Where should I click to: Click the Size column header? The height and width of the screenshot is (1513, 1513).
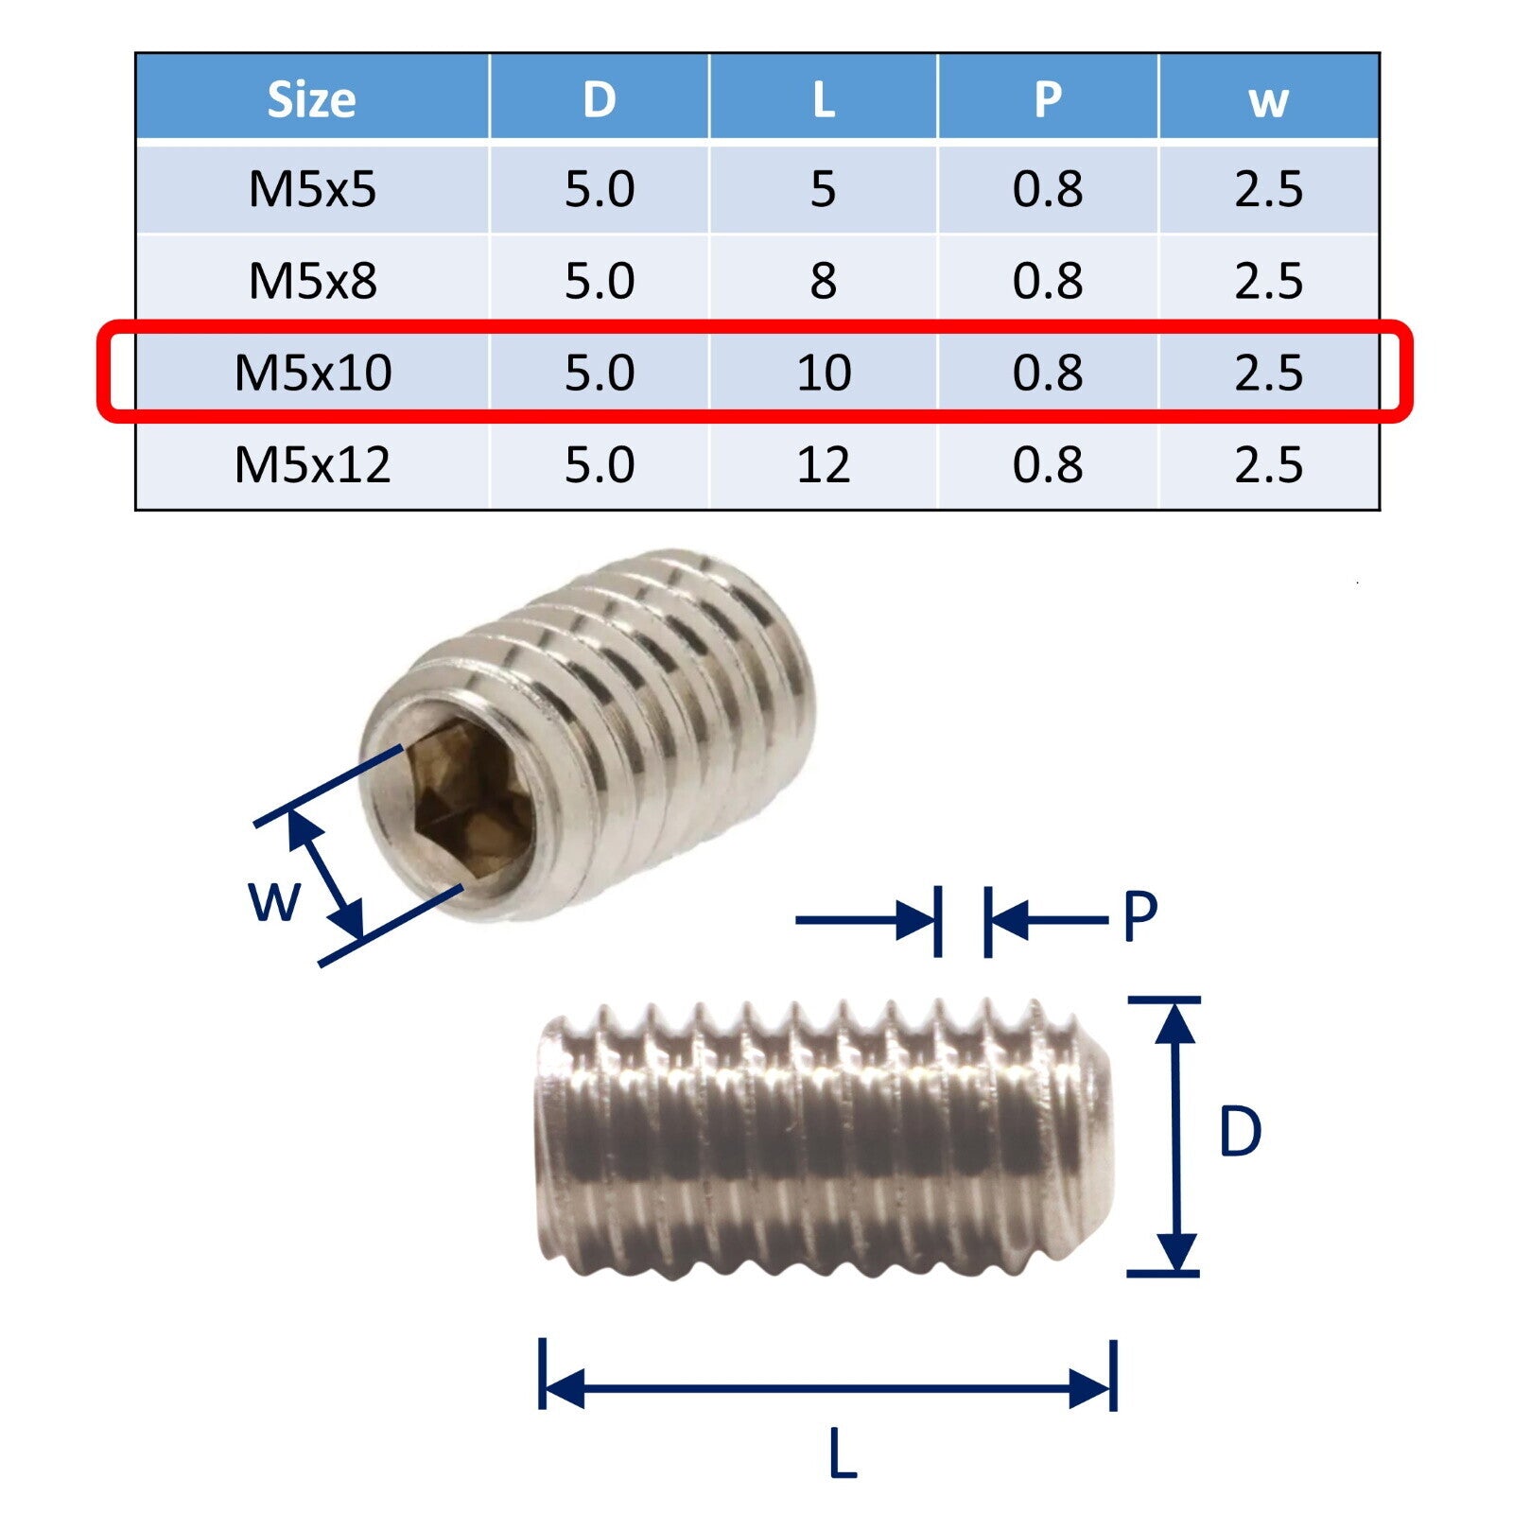[x=311, y=99]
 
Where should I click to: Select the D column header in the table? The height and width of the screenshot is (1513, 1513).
[x=600, y=99]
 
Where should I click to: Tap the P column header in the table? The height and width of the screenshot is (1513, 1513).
[x=1048, y=99]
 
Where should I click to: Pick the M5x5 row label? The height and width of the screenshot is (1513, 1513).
[x=312, y=189]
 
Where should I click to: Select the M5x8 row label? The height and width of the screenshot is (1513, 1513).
[x=312, y=281]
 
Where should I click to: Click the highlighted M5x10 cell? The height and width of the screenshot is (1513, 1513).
[x=313, y=373]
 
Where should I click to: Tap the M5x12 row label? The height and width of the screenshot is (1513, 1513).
[x=313, y=464]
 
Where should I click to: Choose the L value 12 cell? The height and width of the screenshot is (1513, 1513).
[x=824, y=464]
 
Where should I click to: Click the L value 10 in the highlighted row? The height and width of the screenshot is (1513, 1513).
[x=824, y=373]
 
